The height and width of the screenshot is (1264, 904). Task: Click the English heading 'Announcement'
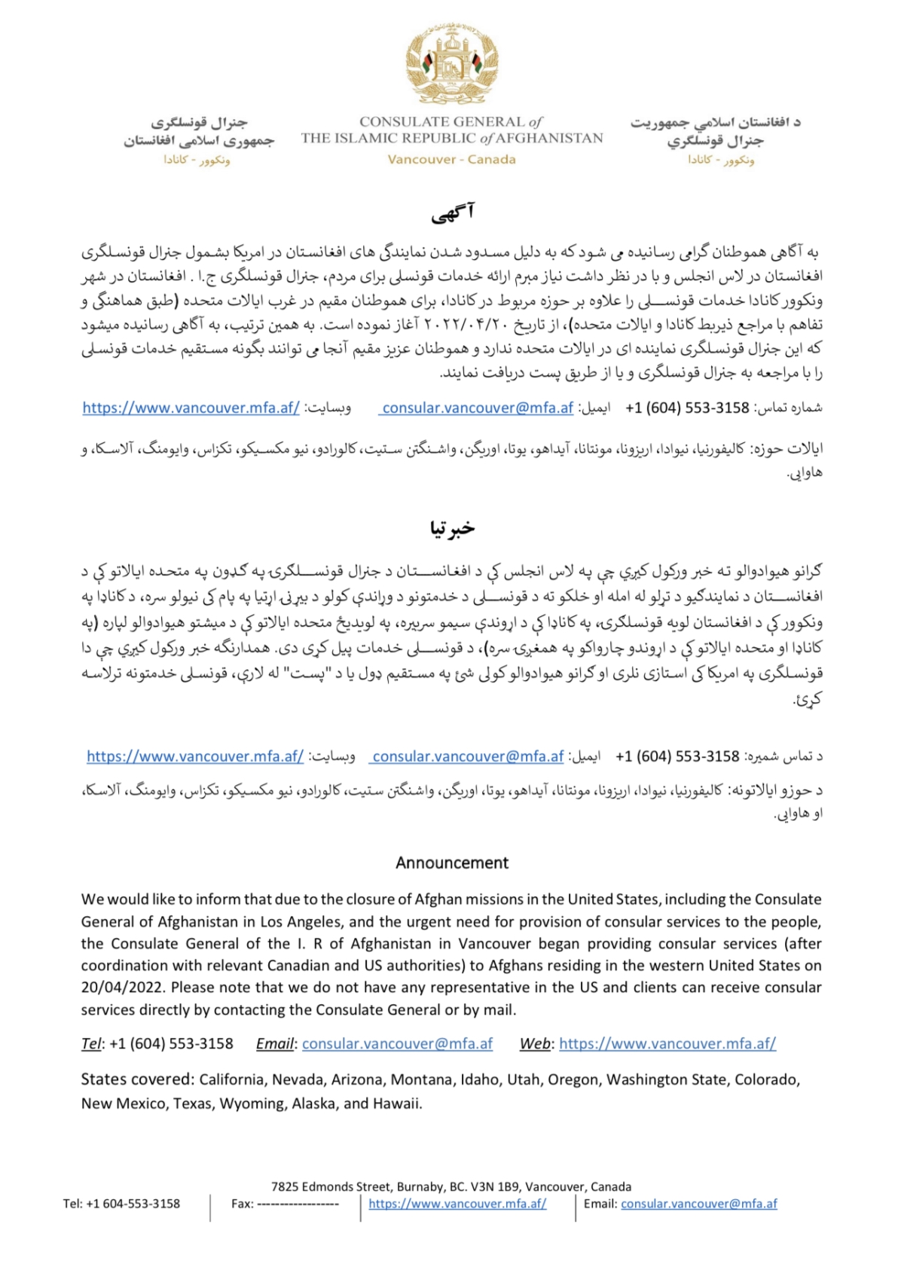(x=452, y=863)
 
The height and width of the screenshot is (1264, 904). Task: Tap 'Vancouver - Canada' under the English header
(x=452, y=160)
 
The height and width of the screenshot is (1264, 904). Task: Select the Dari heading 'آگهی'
(x=453, y=214)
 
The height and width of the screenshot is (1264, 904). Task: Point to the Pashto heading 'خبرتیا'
(x=453, y=528)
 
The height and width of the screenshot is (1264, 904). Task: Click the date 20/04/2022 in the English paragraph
(x=120, y=988)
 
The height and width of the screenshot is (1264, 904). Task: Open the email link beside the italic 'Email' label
(x=397, y=1044)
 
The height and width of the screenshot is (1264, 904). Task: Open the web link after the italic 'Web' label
(x=667, y=1044)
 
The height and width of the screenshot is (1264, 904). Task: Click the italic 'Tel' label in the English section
(x=90, y=1044)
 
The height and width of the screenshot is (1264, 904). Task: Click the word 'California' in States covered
(x=231, y=1079)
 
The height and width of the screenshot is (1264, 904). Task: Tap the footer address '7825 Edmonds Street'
(x=331, y=1186)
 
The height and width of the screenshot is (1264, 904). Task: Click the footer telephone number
(x=133, y=1204)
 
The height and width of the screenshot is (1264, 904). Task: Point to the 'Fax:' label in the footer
(x=242, y=1204)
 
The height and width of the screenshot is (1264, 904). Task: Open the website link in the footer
(x=457, y=1204)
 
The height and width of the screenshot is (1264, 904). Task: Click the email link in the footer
(x=698, y=1204)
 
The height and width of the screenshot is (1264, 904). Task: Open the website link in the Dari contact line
(x=191, y=408)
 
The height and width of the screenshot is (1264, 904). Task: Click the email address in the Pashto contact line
(x=468, y=756)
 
